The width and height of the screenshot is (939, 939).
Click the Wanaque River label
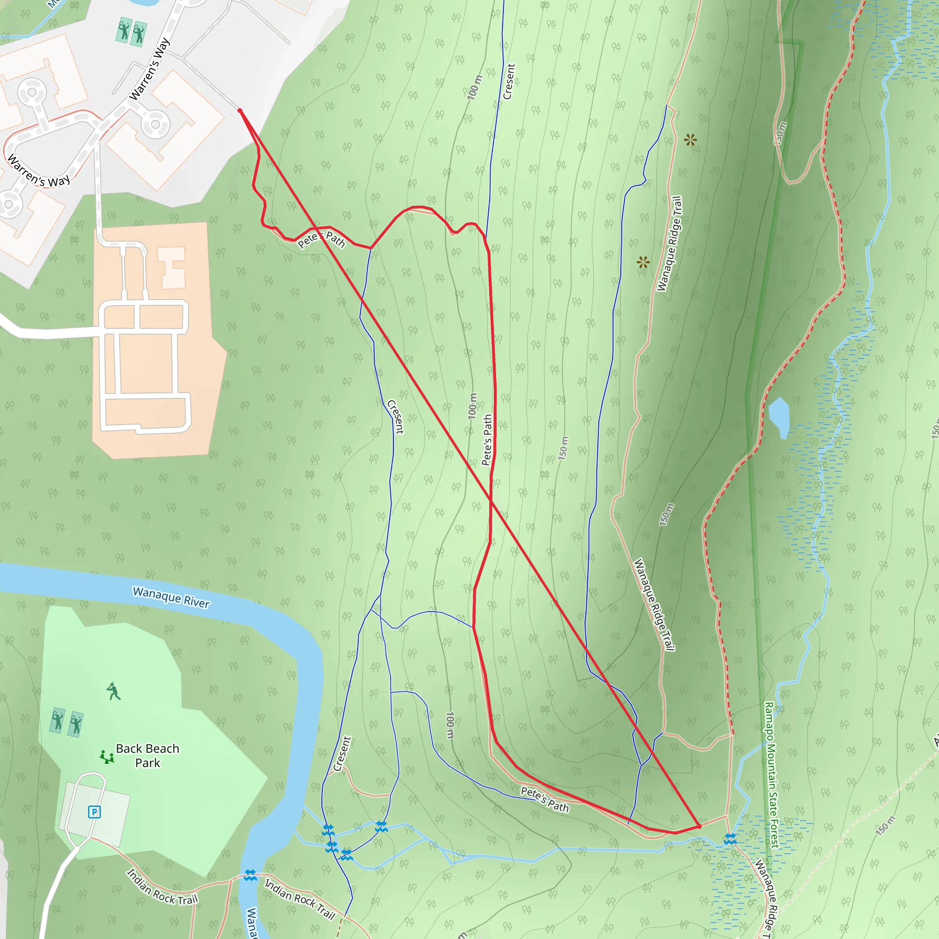[171, 597]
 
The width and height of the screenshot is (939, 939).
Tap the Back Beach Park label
[147, 755]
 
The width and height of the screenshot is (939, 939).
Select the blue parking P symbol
[94, 812]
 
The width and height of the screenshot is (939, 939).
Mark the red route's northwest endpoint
[240, 111]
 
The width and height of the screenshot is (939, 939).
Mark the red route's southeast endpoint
[699, 826]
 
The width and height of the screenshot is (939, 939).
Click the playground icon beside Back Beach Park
[106, 757]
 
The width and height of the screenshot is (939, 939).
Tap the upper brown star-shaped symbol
[690, 140]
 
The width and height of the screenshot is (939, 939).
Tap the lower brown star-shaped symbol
[643, 262]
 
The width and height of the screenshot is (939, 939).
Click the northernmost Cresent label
[508, 82]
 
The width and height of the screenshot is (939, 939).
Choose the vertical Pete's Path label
[487, 440]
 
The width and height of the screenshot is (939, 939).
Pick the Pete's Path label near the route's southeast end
[544, 800]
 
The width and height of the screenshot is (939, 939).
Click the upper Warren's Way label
[149, 69]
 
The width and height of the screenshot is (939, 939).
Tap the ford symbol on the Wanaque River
[250, 875]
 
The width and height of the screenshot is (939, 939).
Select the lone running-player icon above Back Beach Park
[113, 691]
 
